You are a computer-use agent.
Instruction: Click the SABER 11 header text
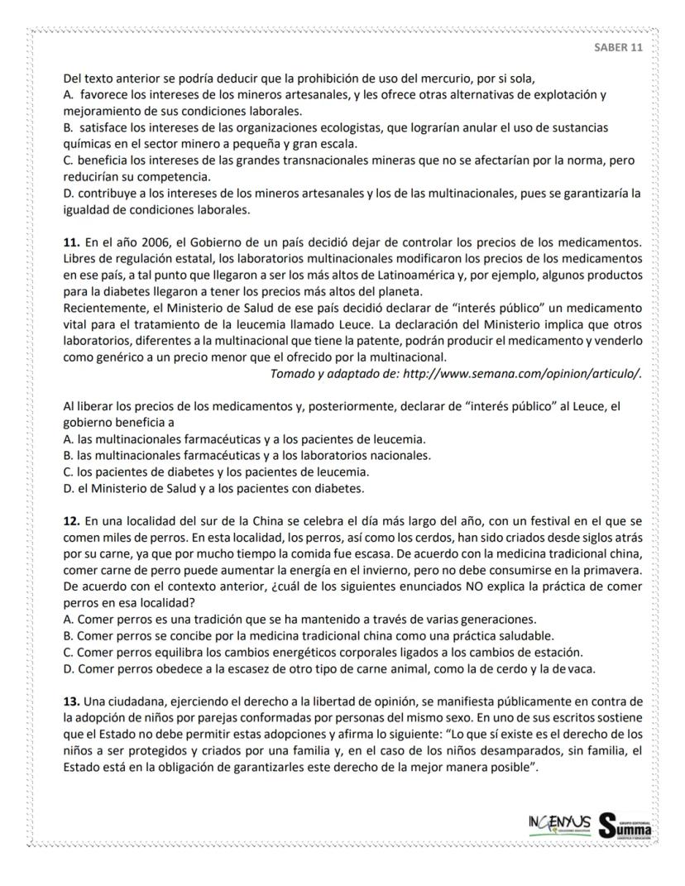[618, 47]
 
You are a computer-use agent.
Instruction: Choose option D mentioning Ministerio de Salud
[213, 488]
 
